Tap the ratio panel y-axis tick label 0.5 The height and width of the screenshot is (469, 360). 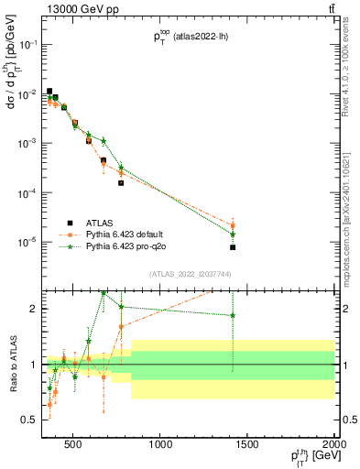34,420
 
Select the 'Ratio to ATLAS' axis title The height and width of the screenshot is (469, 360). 12,364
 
